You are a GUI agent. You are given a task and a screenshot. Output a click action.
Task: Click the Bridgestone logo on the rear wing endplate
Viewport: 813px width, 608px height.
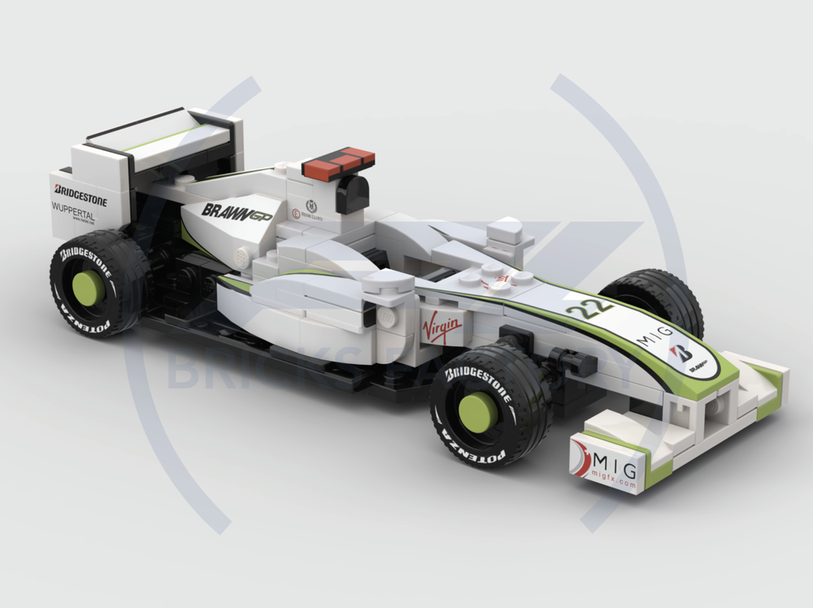pyautogui.click(x=80, y=196)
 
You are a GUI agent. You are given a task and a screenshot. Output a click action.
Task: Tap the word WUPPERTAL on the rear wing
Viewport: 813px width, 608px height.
pyautogui.click(x=73, y=208)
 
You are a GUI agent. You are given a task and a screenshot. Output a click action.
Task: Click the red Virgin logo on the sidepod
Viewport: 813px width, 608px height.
pyautogui.click(x=441, y=328)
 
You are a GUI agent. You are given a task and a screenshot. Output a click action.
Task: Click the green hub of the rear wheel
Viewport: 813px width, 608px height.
pyautogui.click(x=88, y=287)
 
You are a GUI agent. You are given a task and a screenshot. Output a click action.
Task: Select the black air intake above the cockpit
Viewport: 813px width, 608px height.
pyautogui.click(x=352, y=194)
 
